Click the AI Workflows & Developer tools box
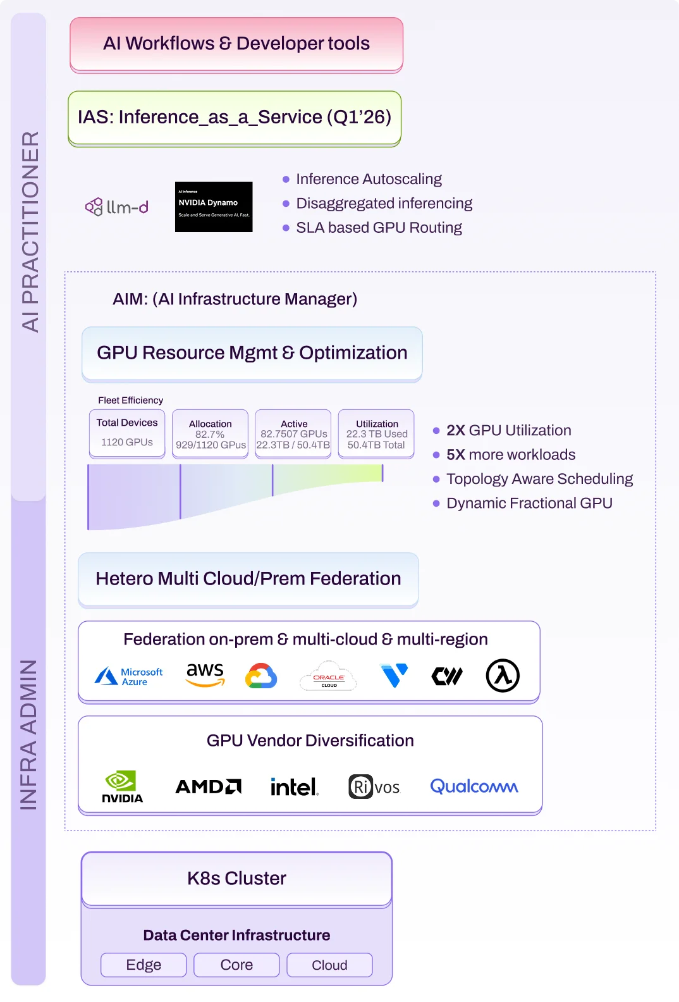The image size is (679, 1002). pos(236,44)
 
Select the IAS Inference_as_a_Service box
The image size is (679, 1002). pos(235,117)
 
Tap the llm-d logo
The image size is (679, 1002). pos(117,207)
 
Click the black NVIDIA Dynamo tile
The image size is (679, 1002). pos(214,207)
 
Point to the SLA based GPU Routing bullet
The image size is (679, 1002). pos(378,228)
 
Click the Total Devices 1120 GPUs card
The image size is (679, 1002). pos(127,433)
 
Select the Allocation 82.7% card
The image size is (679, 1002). pos(211,434)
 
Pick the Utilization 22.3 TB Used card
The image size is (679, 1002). pos(377,434)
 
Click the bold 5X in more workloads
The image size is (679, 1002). pos(455,455)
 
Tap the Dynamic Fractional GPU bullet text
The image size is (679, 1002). pos(529,504)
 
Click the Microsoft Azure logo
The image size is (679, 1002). pos(129,676)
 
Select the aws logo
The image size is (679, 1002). pos(205,674)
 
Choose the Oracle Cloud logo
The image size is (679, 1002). pos(329,676)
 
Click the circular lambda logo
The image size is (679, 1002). pos(503,676)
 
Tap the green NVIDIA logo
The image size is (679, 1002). pos(122,786)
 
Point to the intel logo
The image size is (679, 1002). pos(294,787)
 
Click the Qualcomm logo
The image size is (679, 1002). pos(474,786)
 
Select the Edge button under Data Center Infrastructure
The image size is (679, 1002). pos(144,965)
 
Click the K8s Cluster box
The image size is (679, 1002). pos(236,879)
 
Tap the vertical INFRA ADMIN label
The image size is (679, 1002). pos(28,734)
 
